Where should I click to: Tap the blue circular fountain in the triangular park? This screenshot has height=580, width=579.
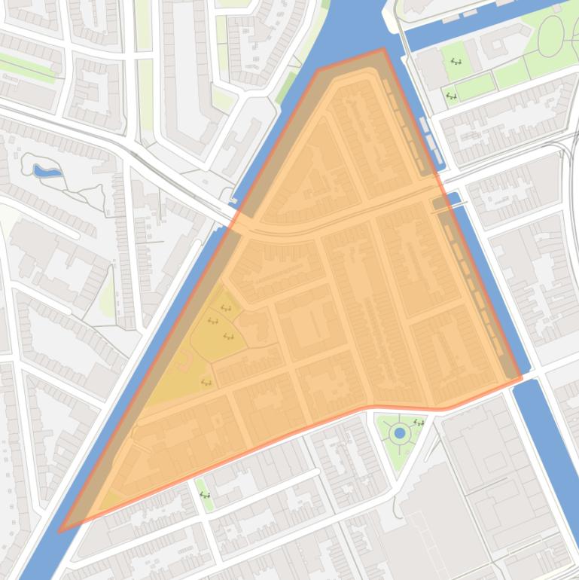tap(399, 433)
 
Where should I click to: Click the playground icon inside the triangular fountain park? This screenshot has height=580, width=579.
tap(419, 423)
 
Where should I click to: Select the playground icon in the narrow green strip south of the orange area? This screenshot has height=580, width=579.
tap(204, 495)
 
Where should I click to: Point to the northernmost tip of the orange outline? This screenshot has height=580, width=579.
tap(383, 50)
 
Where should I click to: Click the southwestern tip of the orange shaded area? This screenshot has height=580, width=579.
tap(60, 531)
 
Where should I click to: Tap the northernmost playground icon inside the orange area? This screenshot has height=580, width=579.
tap(225, 308)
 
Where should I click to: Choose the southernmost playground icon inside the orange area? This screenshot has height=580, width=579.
tap(206, 383)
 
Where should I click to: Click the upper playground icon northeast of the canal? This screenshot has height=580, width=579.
tap(456, 62)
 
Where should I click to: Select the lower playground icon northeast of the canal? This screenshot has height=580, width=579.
tap(451, 96)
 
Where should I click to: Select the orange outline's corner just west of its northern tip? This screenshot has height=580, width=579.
tap(319, 69)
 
